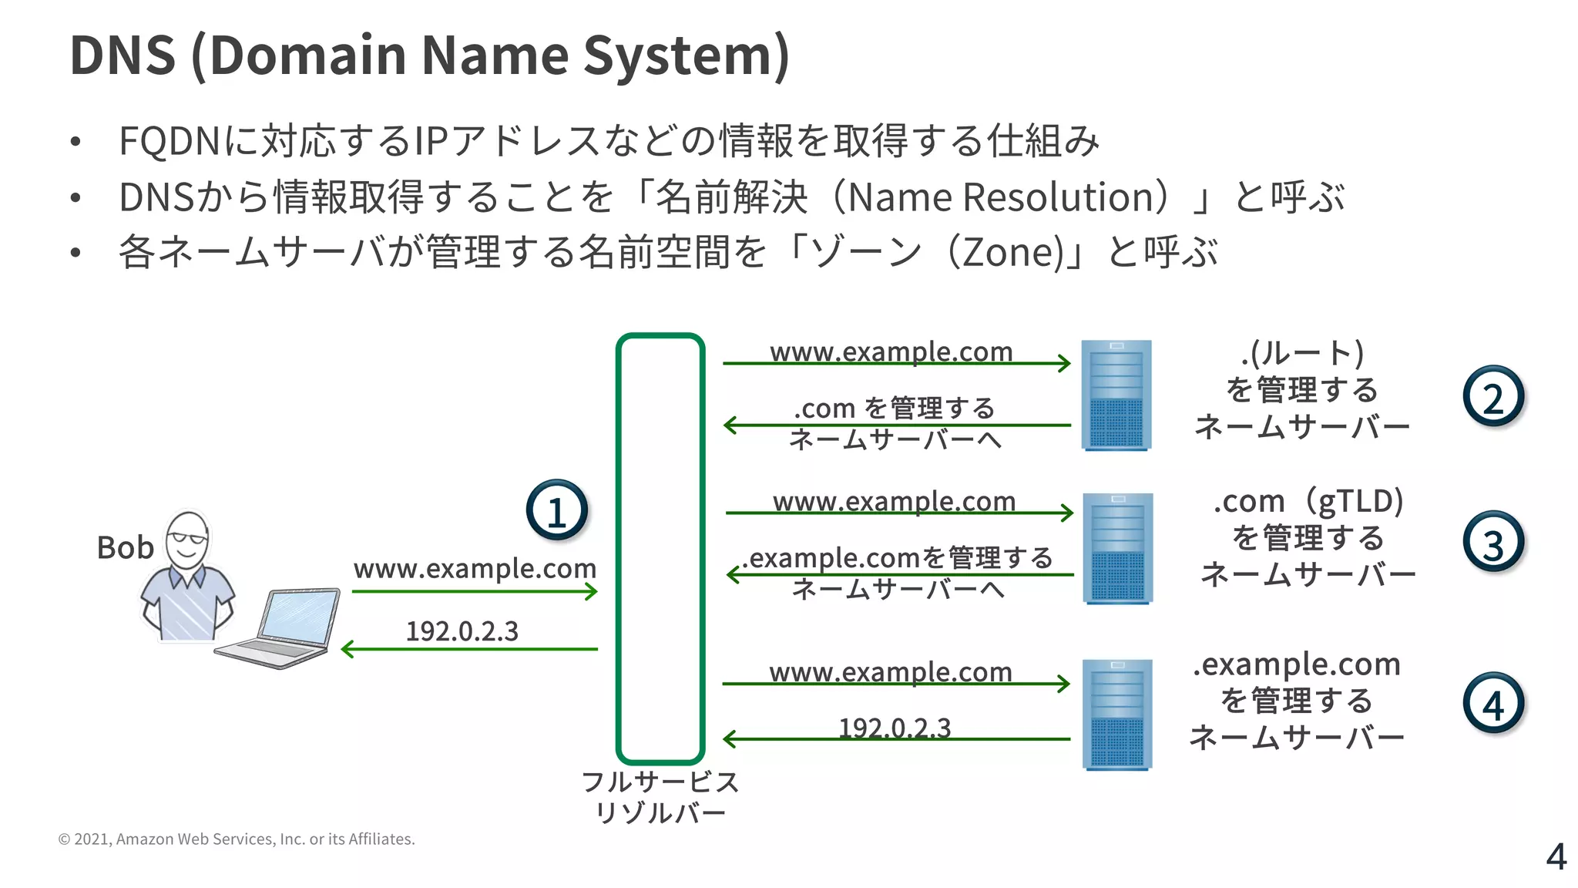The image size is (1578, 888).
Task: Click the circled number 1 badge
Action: tap(556, 510)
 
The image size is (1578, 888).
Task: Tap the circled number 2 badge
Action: tap(1492, 397)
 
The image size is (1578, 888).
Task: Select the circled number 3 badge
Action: tap(1492, 543)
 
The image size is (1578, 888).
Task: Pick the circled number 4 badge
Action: tap(1492, 703)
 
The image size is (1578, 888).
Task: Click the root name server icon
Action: tap(1116, 395)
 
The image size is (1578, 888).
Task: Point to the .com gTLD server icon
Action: tap(1117, 548)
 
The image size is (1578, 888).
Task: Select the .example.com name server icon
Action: tap(1116, 714)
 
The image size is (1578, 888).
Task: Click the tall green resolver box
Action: tap(660, 548)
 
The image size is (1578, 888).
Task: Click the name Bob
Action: tap(125, 548)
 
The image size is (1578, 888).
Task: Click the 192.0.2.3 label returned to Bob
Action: tap(462, 631)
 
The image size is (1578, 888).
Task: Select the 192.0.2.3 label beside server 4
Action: tap(895, 727)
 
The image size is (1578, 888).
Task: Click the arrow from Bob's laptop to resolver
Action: tap(474, 592)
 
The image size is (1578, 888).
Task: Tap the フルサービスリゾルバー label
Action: tap(660, 797)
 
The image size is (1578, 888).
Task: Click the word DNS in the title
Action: tap(123, 55)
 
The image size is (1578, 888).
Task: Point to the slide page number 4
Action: tap(1556, 856)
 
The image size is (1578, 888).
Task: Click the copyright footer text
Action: tap(237, 839)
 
